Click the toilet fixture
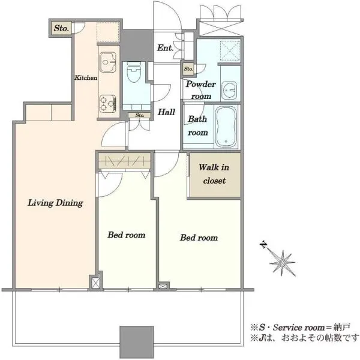(x=134, y=72)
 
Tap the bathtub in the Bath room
(x=226, y=127)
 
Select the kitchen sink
(x=107, y=62)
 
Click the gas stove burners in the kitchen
(x=107, y=104)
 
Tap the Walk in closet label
(x=214, y=174)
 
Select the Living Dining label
(x=55, y=203)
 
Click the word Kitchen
(x=86, y=77)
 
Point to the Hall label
(x=166, y=112)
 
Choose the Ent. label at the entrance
(x=165, y=48)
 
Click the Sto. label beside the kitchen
(x=61, y=28)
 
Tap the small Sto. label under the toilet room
(x=140, y=115)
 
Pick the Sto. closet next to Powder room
(x=188, y=68)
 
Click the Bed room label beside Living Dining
(x=126, y=235)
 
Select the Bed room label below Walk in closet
(x=199, y=238)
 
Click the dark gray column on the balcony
(x=137, y=342)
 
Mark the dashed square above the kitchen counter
(x=108, y=32)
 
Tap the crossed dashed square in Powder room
(x=230, y=51)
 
